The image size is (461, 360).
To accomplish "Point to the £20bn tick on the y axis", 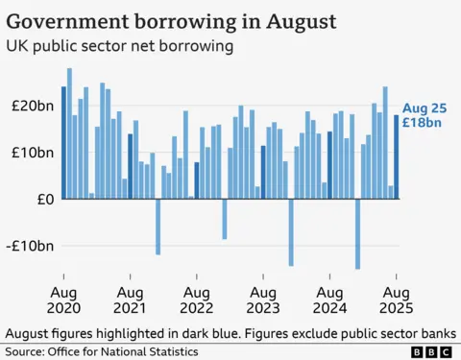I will coord(35,106).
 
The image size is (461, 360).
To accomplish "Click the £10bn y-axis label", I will coord(35,153).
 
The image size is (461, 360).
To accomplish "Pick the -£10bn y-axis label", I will coord(32,246).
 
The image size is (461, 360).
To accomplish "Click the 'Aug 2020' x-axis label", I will coord(63,300).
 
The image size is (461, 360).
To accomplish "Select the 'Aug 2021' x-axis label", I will coord(130,300).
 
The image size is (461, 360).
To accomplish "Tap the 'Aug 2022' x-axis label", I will coord(196,300).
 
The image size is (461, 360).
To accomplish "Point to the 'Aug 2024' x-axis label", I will coord(329,300).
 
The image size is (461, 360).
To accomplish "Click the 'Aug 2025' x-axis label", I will coord(396,300).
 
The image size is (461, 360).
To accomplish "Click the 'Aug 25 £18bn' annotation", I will coord(422,115).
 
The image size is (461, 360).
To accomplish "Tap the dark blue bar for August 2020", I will coord(64,143).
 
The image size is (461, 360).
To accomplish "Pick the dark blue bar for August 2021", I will coord(131,166).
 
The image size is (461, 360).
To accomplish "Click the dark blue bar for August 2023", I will coord(263,172).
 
